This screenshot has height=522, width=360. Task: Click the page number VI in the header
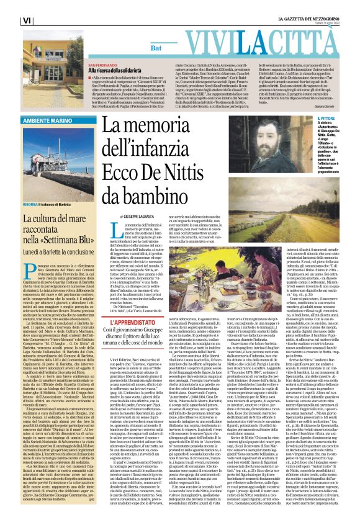pos(9,20)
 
